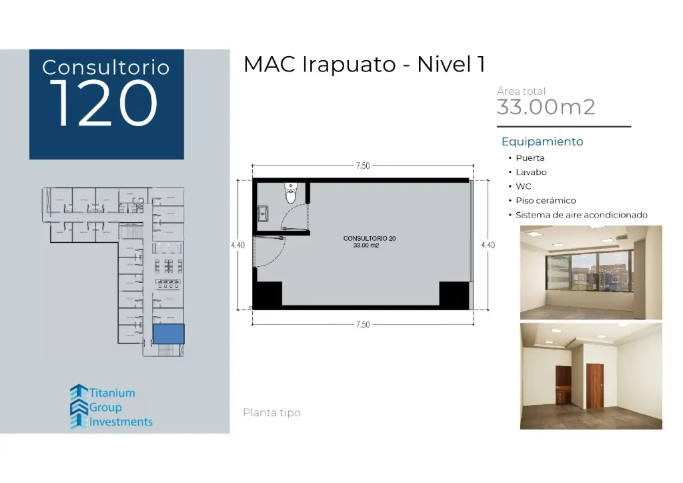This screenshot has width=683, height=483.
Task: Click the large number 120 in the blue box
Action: pos(106,104)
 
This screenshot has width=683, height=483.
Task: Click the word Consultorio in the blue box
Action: pos(106,67)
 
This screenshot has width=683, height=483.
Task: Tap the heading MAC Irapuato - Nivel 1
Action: pos(364,65)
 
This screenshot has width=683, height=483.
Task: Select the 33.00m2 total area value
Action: pos(546,107)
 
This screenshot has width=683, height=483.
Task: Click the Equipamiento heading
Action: pos(542,141)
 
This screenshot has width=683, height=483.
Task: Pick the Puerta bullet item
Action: pos(530,158)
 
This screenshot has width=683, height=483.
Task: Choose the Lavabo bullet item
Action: pos(531,172)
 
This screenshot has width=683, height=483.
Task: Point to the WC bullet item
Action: pos(524,187)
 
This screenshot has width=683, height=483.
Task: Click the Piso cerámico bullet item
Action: pos(546,201)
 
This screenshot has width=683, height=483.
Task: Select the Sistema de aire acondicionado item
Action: pos(582,215)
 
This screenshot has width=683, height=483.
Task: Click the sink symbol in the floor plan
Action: pos(263,214)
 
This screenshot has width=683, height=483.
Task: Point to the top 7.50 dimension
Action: pos(362,166)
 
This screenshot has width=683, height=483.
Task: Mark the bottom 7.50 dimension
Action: pos(362,324)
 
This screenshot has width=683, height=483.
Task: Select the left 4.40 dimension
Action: pos(237,245)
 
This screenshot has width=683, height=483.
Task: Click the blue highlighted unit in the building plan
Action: pos(168,333)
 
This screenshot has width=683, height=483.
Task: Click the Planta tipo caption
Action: pos(271,413)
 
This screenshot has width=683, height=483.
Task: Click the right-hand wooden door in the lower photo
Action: pos(594,388)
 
